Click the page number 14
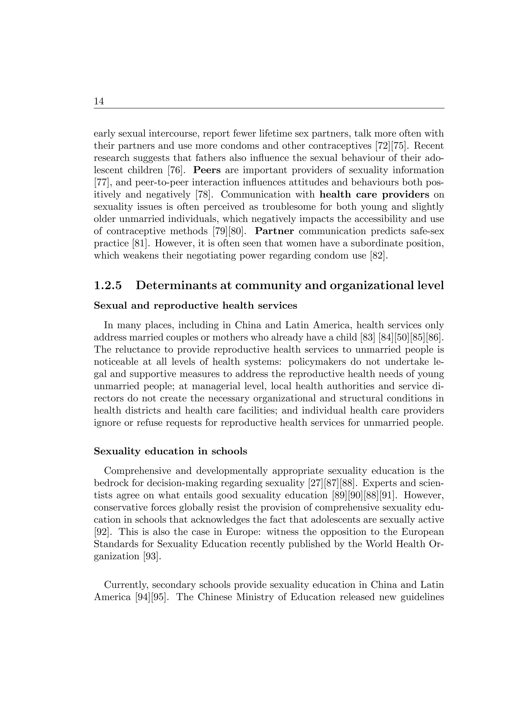(99, 101)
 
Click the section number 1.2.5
(108, 285)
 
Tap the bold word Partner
(274, 231)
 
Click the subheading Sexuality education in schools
(170, 451)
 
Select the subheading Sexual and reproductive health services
(195, 305)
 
